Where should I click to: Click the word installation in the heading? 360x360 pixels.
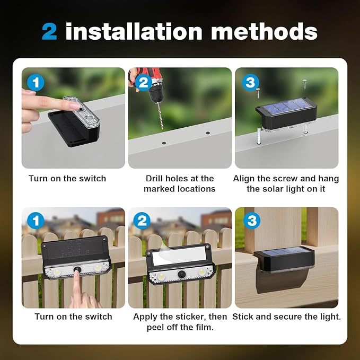(134, 31)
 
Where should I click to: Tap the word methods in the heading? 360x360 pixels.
(264, 32)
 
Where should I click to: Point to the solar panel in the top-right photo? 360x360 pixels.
(286, 106)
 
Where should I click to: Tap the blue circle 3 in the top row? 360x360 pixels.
(250, 82)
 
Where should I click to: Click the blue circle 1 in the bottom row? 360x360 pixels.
(36, 221)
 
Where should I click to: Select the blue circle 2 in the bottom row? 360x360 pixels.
(142, 221)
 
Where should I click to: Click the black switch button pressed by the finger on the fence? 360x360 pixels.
(76, 269)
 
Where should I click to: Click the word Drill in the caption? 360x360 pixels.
(154, 178)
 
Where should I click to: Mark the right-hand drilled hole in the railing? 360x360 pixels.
(208, 133)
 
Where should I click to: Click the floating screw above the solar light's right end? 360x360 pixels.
(305, 85)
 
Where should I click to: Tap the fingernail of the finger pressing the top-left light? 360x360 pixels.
(74, 106)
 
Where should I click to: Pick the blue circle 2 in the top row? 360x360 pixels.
(144, 82)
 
